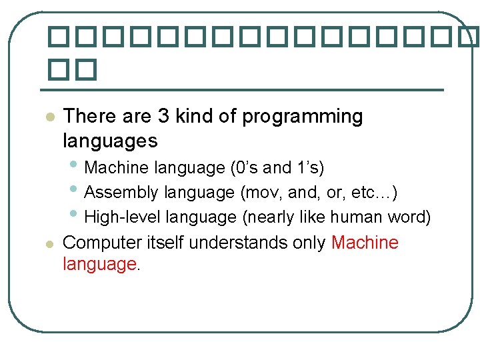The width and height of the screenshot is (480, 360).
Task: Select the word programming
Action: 302,117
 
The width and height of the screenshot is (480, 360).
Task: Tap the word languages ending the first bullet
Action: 110,141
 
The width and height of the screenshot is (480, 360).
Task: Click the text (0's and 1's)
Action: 277,167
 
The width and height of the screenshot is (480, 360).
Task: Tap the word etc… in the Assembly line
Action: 377,193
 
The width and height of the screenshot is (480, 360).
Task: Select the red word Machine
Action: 365,243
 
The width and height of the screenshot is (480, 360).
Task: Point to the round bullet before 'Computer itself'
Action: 49,244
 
